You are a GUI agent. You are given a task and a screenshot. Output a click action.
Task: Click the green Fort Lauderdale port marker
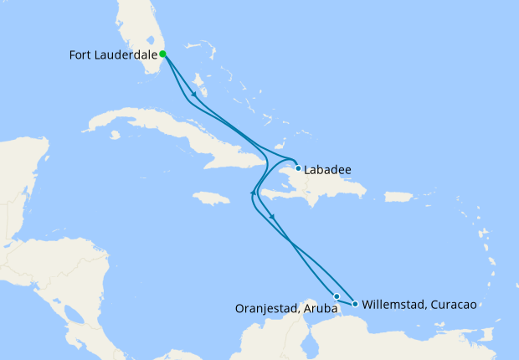pyautogui.click(x=162, y=54)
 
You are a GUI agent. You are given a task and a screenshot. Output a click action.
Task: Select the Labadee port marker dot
pyautogui.click(x=298, y=167)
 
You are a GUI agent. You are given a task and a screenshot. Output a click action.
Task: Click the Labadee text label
pyautogui.click(x=328, y=169)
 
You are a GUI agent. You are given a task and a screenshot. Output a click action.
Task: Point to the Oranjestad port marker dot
pyautogui.click(x=337, y=296)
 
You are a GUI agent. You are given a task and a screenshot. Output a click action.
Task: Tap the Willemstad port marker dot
pyautogui.click(x=356, y=304)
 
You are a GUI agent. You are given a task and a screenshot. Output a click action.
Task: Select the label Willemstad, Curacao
pyautogui.click(x=419, y=305)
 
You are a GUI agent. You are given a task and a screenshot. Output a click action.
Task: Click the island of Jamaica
pyautogui.click(x=211, y=198)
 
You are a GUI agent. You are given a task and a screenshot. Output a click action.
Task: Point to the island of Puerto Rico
pyautogui.click(x=398, y=198)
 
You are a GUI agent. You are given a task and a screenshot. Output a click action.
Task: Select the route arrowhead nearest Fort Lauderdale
pyautogui.click(x=195, y=94)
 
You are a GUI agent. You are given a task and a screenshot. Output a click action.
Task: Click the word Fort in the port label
pyautogui.click(x=80, y=55)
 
